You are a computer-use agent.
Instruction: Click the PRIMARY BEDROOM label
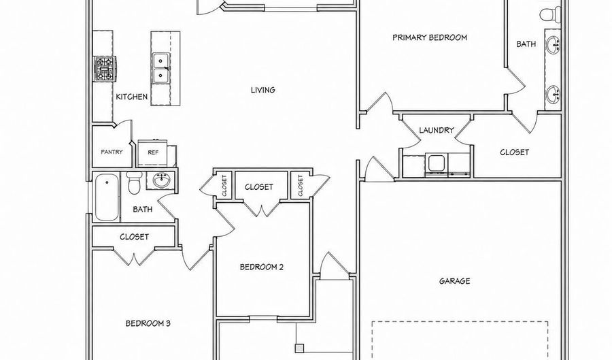pos(430,37)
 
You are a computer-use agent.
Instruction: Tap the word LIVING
pos(262,90)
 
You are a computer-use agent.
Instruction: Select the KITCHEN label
pos(131,97)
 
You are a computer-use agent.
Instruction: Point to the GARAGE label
pos(454,281)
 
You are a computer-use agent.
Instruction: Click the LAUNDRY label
pos(437,130)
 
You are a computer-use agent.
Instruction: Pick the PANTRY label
pos(112,152)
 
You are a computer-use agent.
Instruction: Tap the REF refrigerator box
pos(153,152)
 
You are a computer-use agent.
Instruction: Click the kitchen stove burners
pos(105,68)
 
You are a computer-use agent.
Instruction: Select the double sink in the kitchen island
pos(160,68)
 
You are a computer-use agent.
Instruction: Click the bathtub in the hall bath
pos(106,197)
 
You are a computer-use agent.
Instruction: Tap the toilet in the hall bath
pos(134,183)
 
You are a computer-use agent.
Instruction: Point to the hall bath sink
pos(160,180)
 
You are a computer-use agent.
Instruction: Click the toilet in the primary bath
pos(550,14)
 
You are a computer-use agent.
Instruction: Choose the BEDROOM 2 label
pos(261,267)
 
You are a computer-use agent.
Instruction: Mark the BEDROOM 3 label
pos(148,323)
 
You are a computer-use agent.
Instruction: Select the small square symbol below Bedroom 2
pos(299,348)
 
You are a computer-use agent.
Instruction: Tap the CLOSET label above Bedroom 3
pos(134,237)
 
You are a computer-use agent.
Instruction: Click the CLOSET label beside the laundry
pos(515,152)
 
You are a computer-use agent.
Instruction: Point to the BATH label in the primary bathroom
pos(526,44)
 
